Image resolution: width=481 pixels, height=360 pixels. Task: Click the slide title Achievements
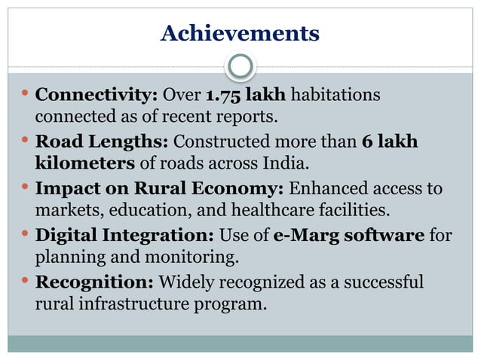coord(240,34)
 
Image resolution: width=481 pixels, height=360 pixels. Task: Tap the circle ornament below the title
coord(240,67)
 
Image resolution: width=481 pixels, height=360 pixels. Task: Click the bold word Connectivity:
coord(97,96)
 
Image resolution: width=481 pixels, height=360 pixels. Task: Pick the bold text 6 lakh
coord(390,142)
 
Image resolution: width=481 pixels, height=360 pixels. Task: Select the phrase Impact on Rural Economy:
coord(158,189)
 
